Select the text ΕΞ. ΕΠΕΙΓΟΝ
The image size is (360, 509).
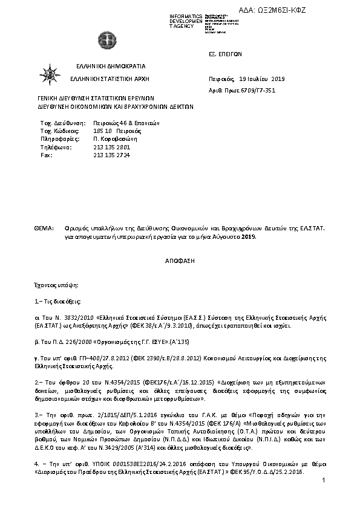[225, 54]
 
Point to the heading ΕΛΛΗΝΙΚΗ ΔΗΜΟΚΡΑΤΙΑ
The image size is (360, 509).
[111, 66]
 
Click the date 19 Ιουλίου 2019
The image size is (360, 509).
[262, 79]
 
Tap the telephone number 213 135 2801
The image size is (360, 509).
[112, 147]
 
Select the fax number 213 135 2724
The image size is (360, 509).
[112, 155]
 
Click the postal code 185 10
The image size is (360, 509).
[102, 130]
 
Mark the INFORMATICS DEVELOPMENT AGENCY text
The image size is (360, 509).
[186, 21]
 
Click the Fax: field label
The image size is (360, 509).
[46, 155]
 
